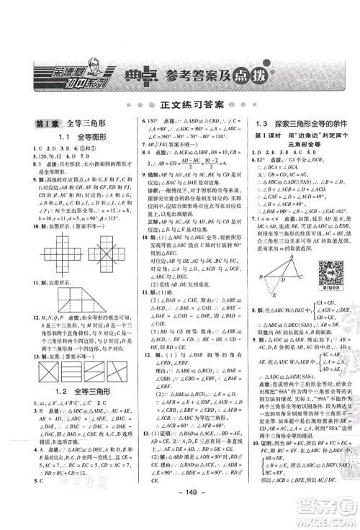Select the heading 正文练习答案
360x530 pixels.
(180, 104)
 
